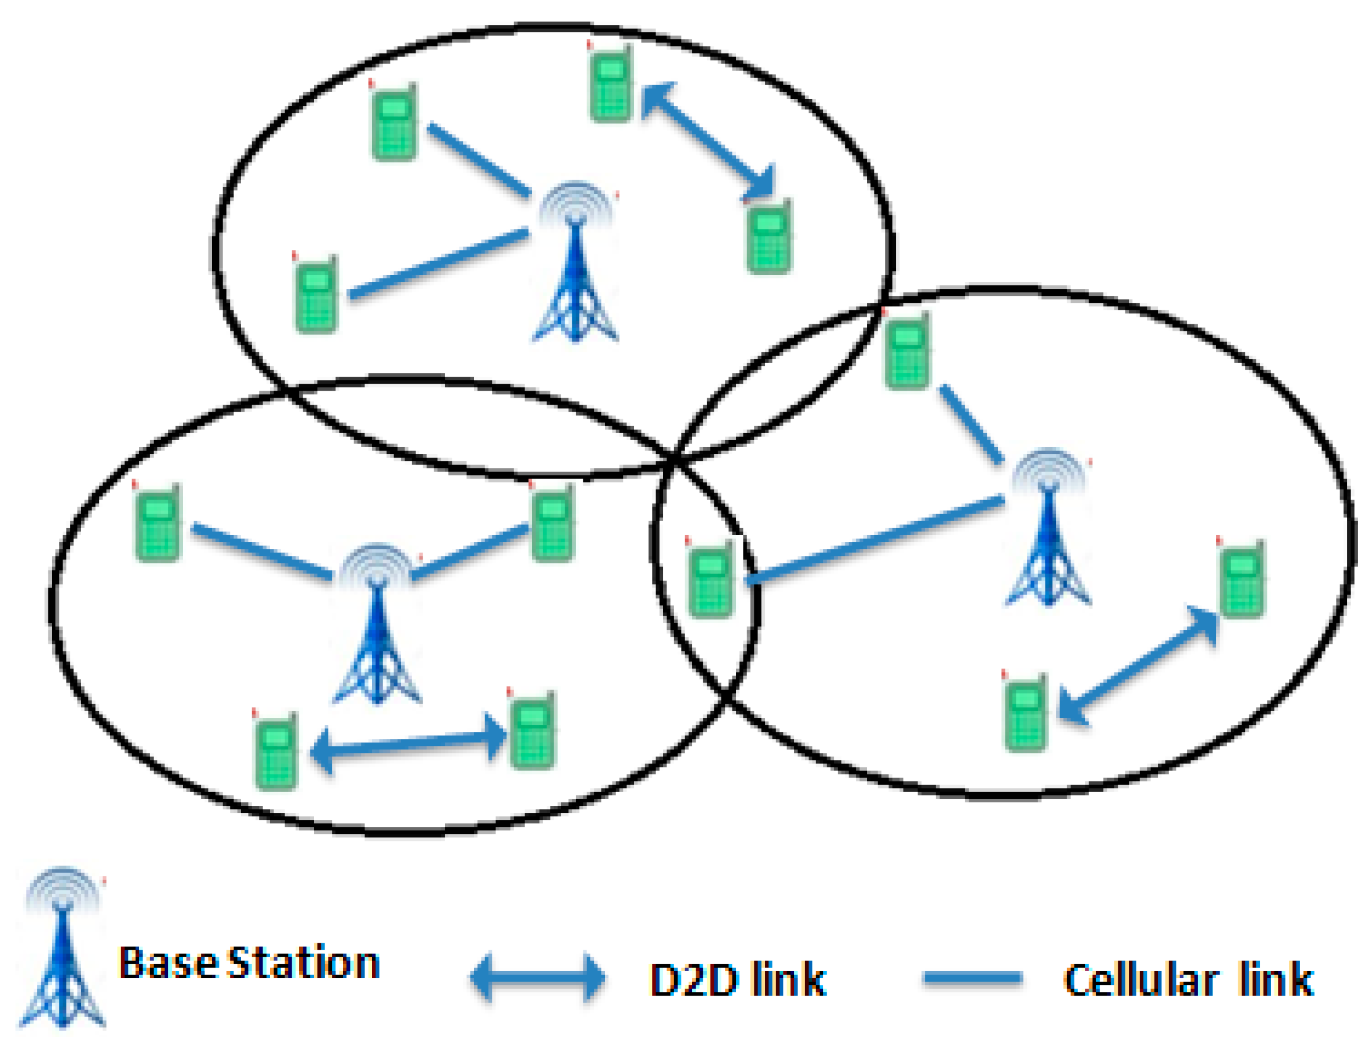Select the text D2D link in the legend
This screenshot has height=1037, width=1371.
click(738, 980)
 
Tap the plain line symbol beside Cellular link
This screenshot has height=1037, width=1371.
click(972, 978)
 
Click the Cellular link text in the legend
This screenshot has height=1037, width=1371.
click(1188, 980)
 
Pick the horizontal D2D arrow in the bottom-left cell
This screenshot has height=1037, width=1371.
click(409, 744)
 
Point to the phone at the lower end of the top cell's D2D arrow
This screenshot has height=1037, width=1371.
click(768, 236)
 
